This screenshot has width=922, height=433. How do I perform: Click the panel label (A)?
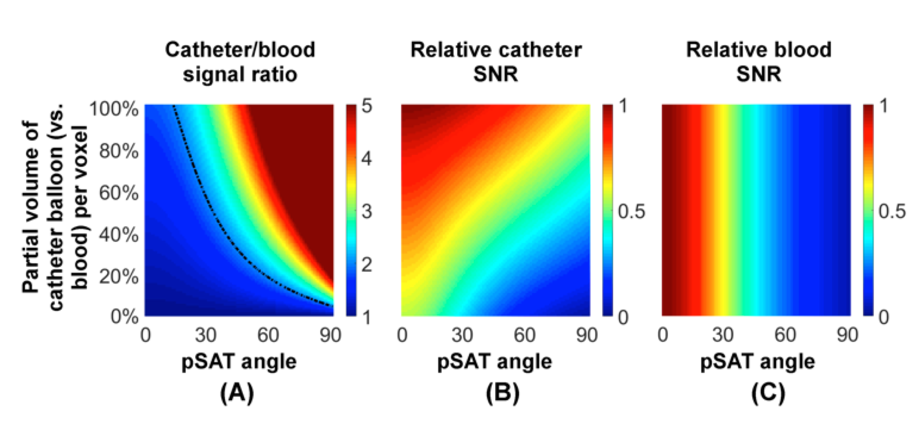tap(237, 393)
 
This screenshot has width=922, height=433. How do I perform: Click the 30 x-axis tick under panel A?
tap(207, 337)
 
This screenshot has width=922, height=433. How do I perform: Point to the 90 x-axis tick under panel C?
tap(847, 337)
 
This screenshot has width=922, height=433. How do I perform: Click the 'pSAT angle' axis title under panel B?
tap(495, 361)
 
